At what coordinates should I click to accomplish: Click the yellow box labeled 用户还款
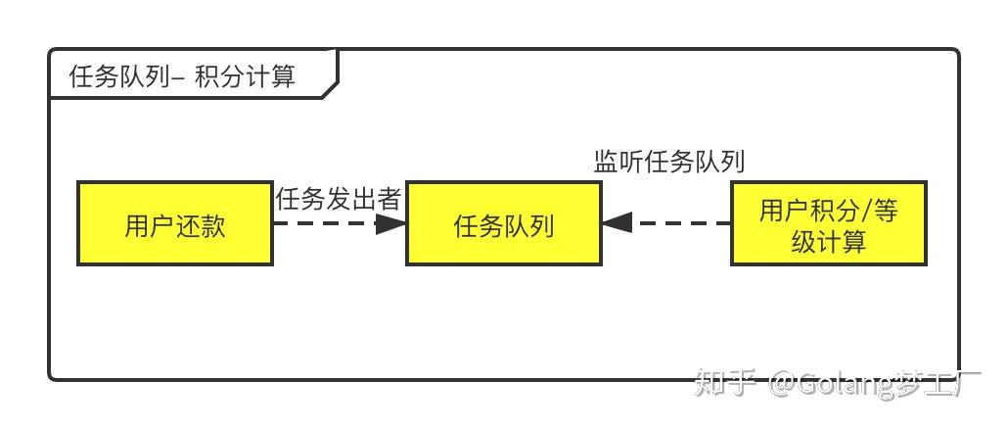point(175,222)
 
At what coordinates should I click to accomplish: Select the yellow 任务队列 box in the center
point(503,222)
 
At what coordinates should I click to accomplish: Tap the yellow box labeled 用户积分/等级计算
point(828,222)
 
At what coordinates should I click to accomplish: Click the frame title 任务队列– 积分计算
point(182,75)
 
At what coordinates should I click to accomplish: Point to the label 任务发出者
point(339,199)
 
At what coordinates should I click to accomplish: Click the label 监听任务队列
point(669,161)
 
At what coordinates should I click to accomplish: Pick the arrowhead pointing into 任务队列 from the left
point(390,223)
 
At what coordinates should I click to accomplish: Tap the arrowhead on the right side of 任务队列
point(617,222)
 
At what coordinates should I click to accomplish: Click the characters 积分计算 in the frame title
point(246,75)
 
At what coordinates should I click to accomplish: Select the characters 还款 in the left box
point(201,226)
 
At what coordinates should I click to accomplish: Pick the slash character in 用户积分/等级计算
point(863,211)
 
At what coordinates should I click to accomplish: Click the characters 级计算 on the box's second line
point(829,241)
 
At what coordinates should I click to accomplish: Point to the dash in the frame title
point(176,76)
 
